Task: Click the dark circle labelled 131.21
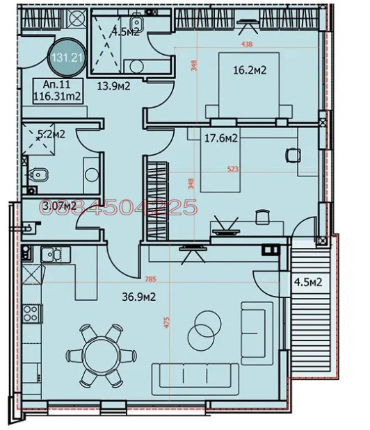click(x=66, y=58)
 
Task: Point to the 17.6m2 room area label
click(x=223, y=138)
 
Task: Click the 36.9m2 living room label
click(x=138, y=297)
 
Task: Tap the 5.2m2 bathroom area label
click(x=52, y=134)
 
